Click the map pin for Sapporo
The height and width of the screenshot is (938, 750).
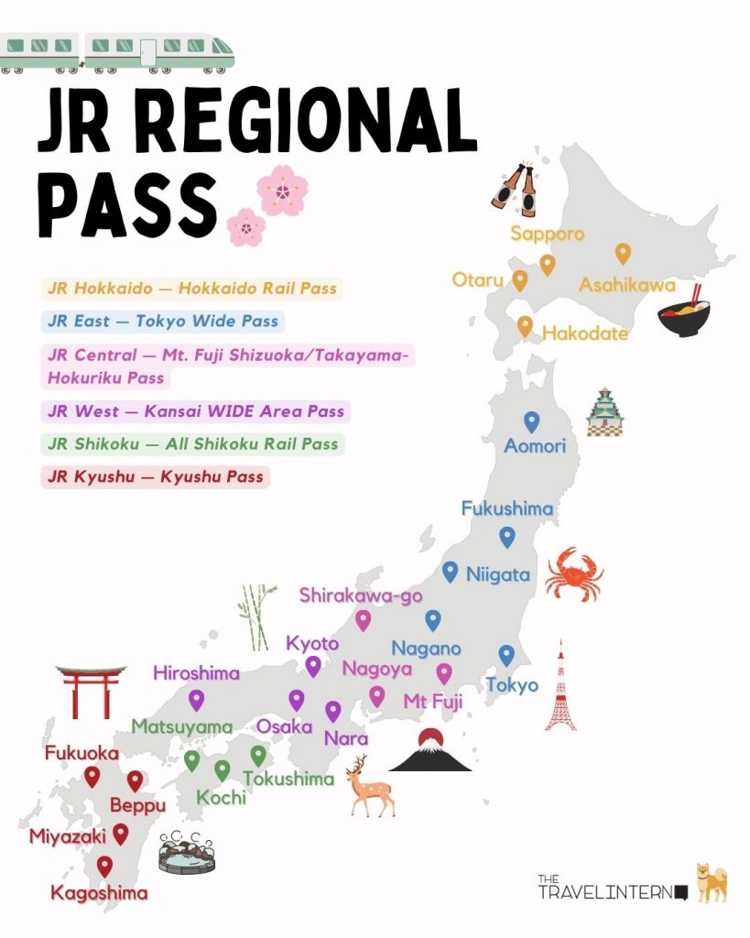548,265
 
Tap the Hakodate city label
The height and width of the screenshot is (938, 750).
585,333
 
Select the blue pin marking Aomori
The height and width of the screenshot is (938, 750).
531,421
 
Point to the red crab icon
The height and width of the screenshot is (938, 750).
573,573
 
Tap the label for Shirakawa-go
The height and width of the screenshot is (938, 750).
361,596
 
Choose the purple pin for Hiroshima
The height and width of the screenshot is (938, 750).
196,701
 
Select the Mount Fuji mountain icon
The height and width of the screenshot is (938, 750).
429,750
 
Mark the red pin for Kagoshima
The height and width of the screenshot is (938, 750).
105,866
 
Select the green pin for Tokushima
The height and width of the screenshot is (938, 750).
258,756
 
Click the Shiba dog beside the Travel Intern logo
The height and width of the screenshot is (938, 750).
711,883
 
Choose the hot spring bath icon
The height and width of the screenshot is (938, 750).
185,851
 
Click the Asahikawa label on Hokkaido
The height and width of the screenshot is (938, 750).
626,286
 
